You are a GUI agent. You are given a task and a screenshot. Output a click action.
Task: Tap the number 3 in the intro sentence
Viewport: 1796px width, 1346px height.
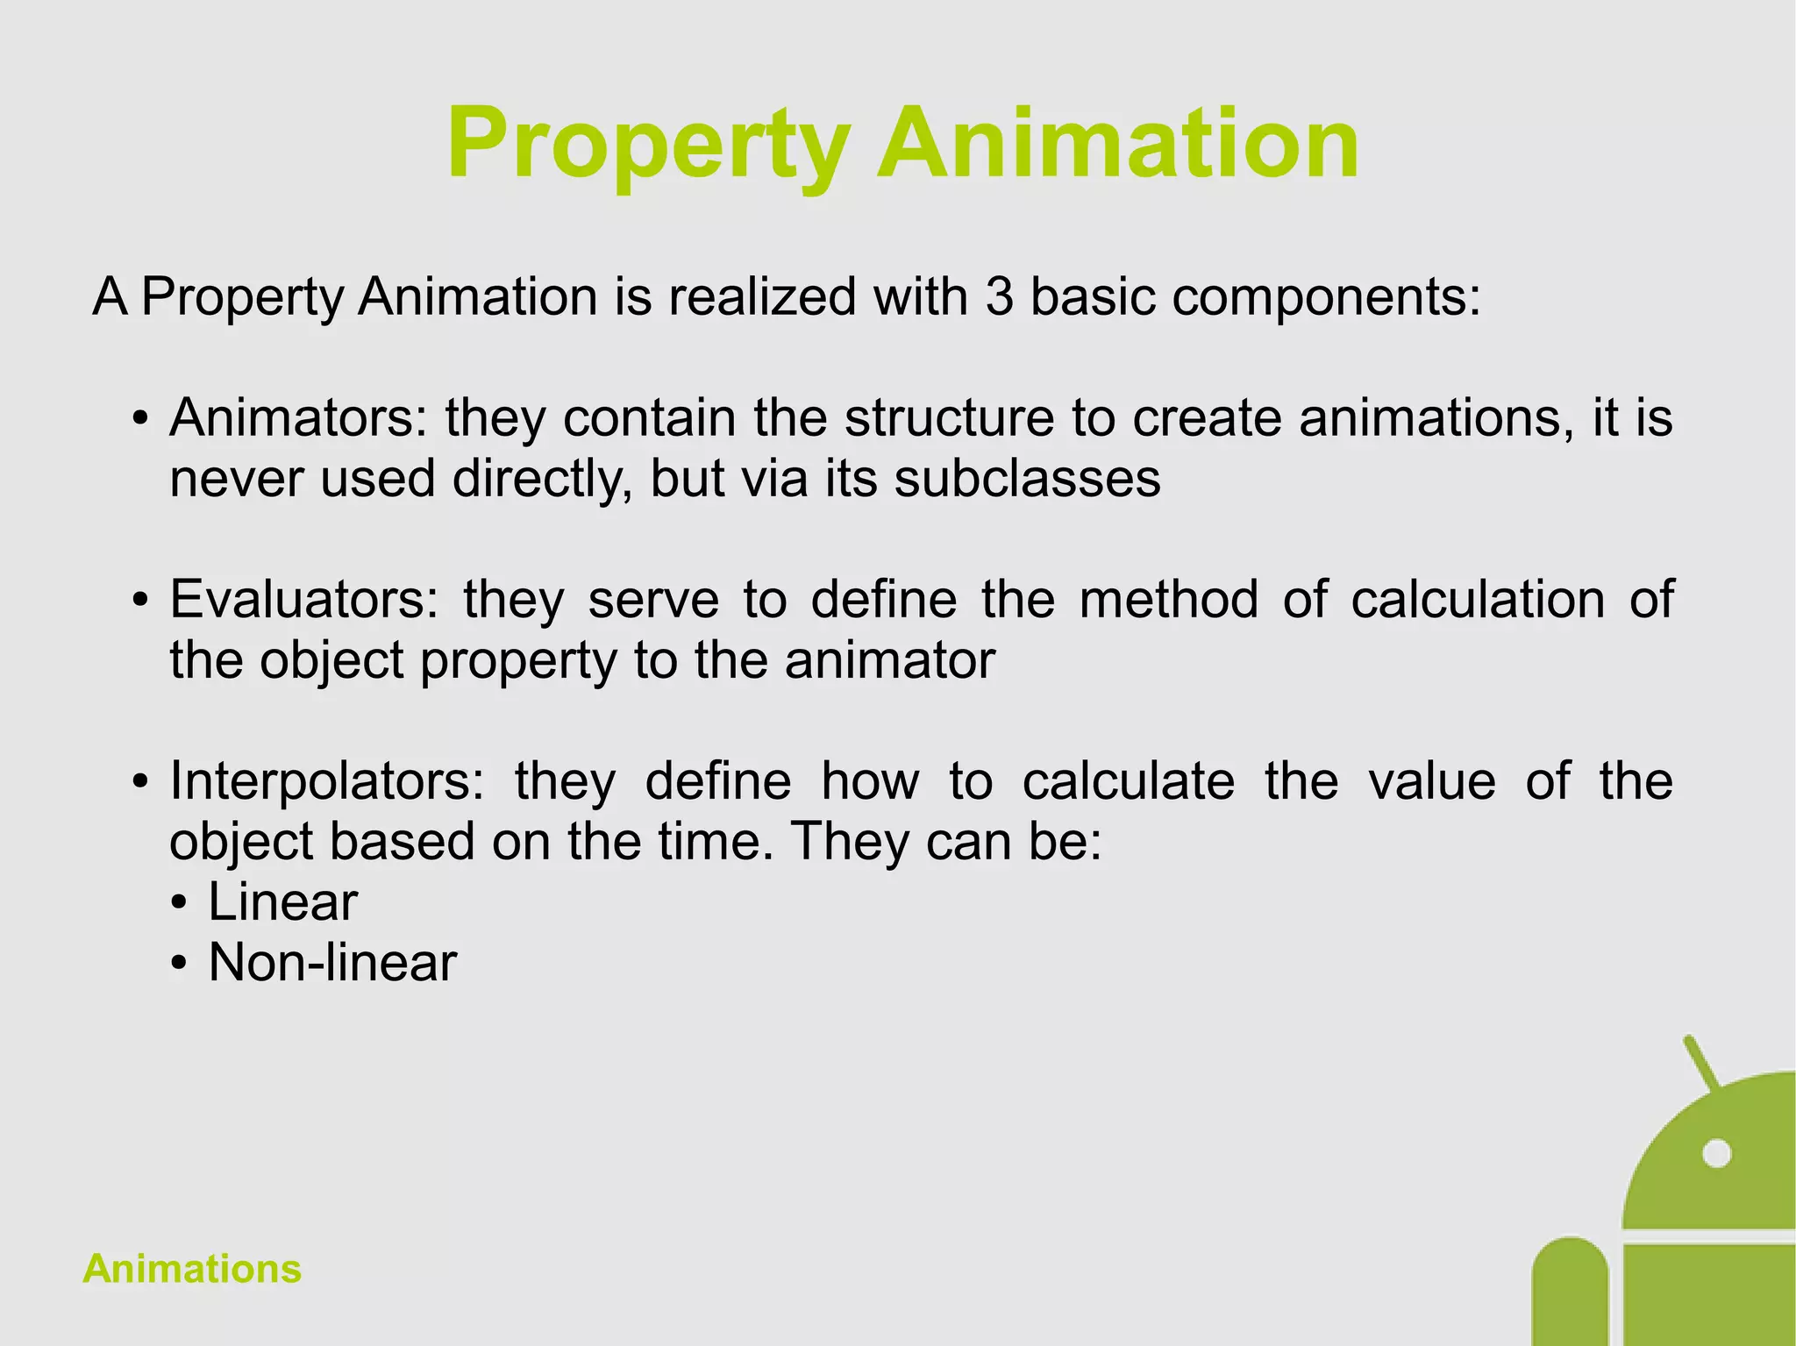[x=998, y=296]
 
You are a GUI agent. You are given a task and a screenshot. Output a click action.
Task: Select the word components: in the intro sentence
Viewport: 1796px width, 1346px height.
[x=1326, y=298]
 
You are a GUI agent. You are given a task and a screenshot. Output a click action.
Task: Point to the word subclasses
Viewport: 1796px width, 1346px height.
[x=1027, y=480]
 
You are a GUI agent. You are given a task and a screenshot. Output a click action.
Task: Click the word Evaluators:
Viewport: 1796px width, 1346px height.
[x=303, y=600]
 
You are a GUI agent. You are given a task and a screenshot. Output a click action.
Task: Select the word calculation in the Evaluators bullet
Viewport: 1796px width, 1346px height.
[x=1478, y=600]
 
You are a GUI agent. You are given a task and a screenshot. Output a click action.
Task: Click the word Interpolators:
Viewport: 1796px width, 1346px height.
[x=326, y=781]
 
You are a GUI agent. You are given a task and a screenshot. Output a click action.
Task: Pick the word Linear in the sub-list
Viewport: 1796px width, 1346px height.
[x=282, y=902]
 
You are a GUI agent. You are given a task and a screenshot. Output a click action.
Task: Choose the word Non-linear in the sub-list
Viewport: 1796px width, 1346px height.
[x=332, y=963]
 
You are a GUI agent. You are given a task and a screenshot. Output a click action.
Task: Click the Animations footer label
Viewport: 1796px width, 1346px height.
[x=192, y=1269]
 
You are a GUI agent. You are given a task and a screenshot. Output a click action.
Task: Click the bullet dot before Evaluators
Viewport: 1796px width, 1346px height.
[x=139, y=602]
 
